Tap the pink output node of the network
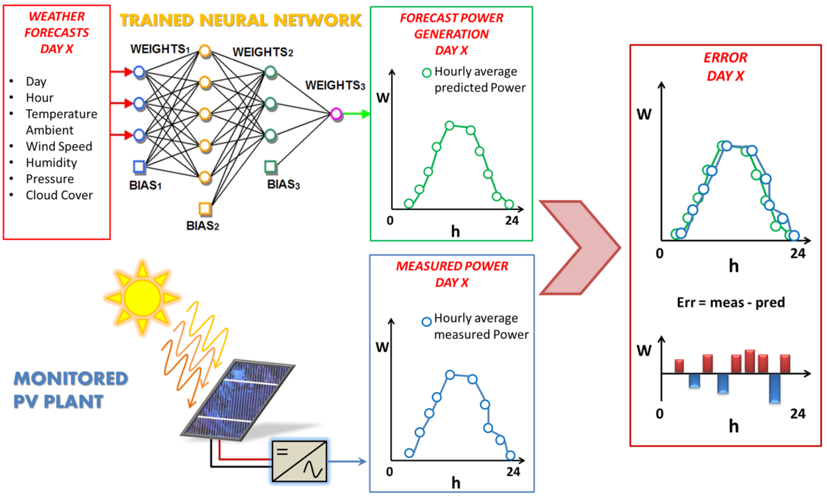point(336,114)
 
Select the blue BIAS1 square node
point(139,166)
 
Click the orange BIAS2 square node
point(204,209)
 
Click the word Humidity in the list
point(52,163)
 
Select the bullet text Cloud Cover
point(59,195)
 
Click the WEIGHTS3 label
point(335,86)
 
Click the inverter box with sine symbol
point(299,461)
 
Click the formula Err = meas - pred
point(731,302)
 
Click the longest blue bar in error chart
point(774,388)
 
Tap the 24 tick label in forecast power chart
point(511,221)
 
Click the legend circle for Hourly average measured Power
point(426,322)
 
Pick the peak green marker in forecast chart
point(450,126)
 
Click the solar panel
point(237,401)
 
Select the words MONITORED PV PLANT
point(70,390)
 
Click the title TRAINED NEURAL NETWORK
point(241,21)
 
